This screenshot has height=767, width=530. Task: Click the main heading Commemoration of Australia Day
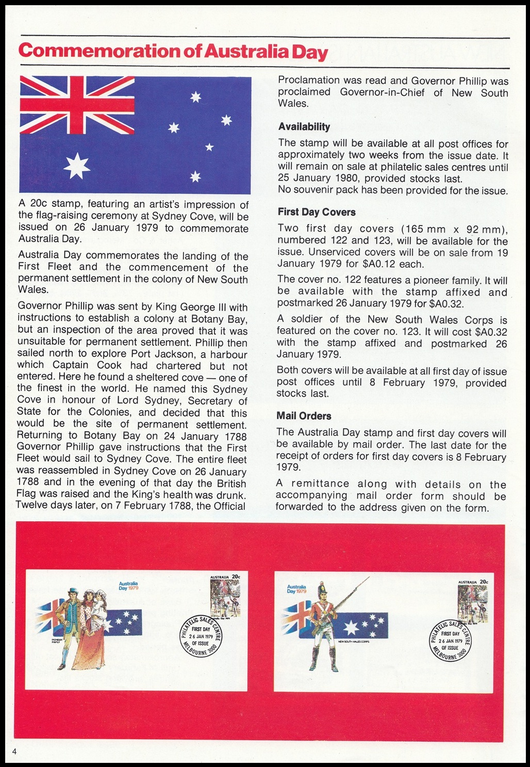point(173,52)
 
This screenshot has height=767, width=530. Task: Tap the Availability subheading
point(304,127)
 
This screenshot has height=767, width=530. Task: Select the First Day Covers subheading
point(317,212)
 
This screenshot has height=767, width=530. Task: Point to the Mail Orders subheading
point(304,416)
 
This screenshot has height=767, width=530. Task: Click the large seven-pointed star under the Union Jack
point(77,165)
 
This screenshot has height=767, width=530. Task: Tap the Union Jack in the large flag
point(77,103)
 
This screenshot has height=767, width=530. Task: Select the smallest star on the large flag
point(209,148)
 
